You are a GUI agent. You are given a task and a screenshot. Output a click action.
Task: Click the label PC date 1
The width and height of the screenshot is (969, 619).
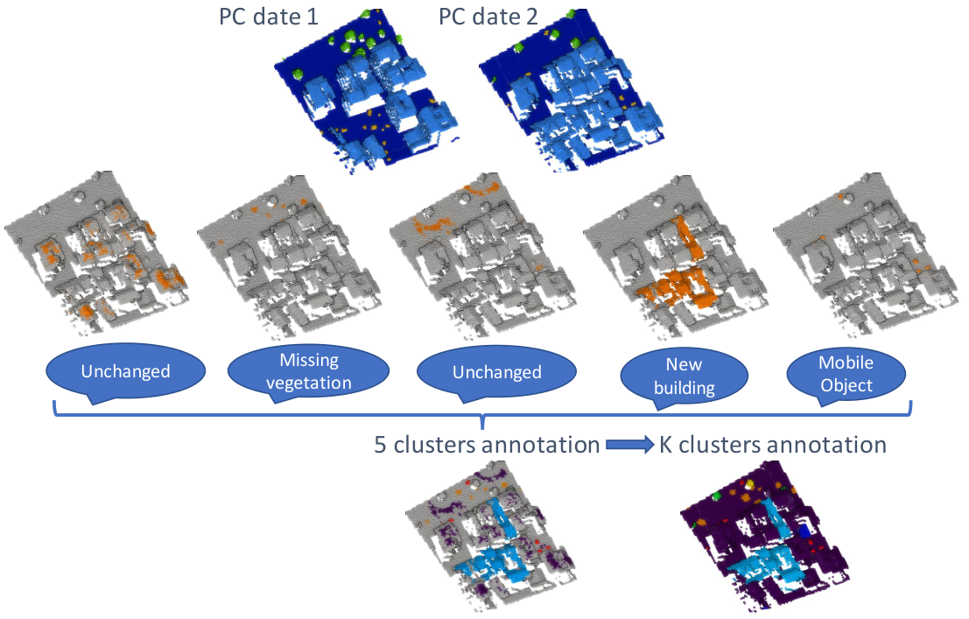pos(269,17)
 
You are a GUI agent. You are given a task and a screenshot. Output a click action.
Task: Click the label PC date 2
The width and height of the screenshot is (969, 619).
pos(488,17)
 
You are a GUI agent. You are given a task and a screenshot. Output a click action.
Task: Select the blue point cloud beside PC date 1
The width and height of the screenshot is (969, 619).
pos(368,89)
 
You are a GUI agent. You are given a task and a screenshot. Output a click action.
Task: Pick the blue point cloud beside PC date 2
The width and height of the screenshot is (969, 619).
pos(572,89)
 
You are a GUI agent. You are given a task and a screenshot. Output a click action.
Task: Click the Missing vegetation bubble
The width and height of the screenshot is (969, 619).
pos(308,371)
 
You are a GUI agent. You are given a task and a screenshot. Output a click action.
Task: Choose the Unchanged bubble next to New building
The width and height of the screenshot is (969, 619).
pos(497,373)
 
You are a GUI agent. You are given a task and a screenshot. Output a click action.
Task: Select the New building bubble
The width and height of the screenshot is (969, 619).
pos(685,376)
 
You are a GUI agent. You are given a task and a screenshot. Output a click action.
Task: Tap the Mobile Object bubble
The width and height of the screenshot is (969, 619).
pos(846,374)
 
